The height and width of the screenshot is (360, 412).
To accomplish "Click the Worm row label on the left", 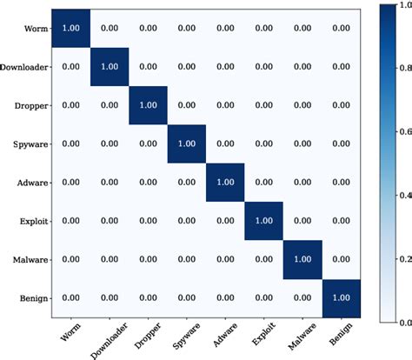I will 36,28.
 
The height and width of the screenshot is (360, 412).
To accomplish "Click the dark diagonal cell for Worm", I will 70,28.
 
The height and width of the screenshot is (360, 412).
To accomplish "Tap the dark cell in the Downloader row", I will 109,66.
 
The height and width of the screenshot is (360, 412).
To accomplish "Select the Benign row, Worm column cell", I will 70,298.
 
